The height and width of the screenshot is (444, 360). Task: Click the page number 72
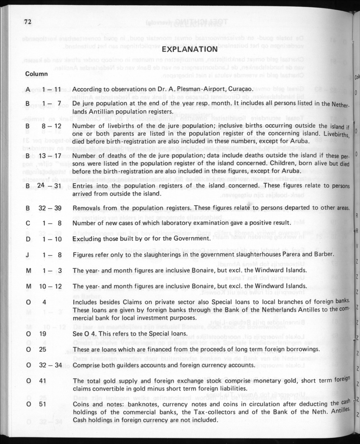(x=28, y=22)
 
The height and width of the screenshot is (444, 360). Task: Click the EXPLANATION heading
(x=190, y=50)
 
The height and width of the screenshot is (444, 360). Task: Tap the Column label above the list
(x=37, y=74)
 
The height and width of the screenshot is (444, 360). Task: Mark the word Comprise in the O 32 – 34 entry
(x=87, y=364)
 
